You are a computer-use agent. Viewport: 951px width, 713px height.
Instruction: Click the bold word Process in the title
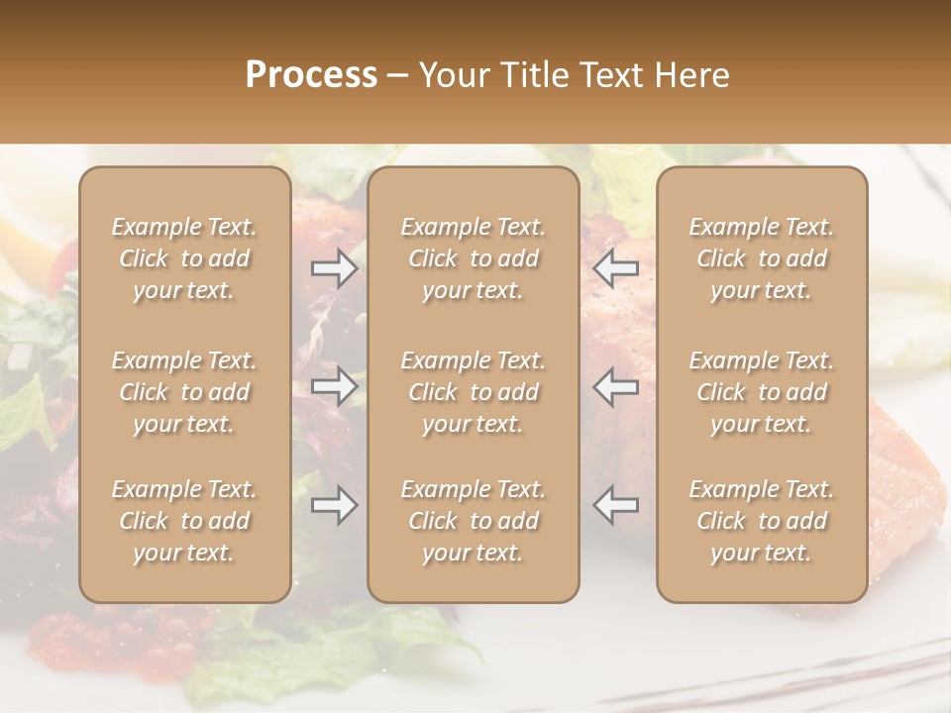(x=311, y=75)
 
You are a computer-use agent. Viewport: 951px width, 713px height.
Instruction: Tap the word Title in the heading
(x=533, y=75)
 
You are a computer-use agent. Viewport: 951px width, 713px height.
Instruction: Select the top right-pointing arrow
(x=335, y=268)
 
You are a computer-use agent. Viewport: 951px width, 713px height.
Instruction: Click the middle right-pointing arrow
(x=335, y=386)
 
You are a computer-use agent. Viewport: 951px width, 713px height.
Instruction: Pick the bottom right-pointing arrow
(x=335, y=506)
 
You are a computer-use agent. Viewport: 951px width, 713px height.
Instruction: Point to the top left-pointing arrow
(x=616, y=268)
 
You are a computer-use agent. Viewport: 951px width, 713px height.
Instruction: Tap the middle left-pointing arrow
(x=616, y=386)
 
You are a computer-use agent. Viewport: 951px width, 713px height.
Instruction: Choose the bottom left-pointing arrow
(x=616, y=506)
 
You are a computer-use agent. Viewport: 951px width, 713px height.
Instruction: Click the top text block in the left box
(x=184, y=258)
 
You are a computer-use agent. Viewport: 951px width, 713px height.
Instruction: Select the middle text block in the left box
(x=184, y=392)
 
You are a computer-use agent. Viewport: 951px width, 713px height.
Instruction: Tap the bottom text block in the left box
(x=184, y=521)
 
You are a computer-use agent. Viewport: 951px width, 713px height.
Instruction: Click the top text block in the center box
(x=473, y=258)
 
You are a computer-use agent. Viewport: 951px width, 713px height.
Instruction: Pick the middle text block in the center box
(x=473, y=392)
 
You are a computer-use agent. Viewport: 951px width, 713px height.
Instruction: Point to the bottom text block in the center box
(x=473, y=521)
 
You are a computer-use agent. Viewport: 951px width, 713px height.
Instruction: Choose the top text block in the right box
(x=761, y=258)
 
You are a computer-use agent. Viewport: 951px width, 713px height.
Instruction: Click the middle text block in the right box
(x=761, y=392)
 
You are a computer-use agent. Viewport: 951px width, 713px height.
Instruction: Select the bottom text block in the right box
(x=761, y=521)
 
